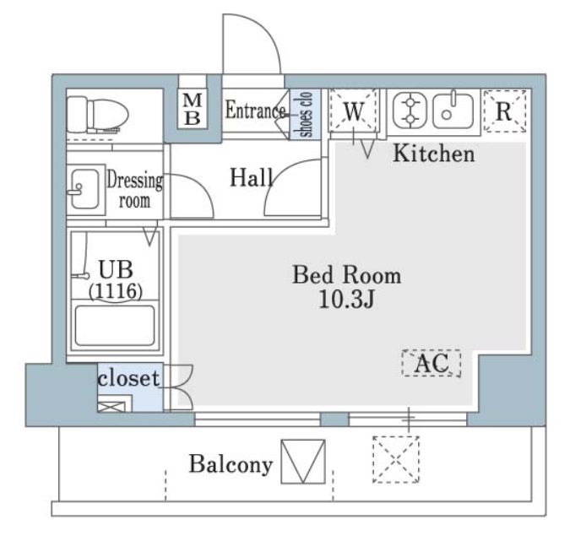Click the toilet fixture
(x=97, y=115)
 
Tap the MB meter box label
(x=193, y=109)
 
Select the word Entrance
(x=255, y=110)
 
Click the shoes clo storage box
(x=306, y=114)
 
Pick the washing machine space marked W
(x=354, y=111)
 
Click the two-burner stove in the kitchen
(x=410, y=111)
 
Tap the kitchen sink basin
(x=453, y=111)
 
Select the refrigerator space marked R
(x=505, y=111)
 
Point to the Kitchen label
(x=434, y=154)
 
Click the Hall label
(x=251, y=178)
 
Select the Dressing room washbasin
(x=85, y=188)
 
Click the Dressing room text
(x=134, y=190)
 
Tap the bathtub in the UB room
(x=115, y=326)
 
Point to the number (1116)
(x=116, y=291)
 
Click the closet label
(x=128, y=378)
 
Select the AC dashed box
(x=432, y=363)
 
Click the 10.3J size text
(x=346, y=300)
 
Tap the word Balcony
(x=231, y=464)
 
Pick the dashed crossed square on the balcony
(x=396, y=460)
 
